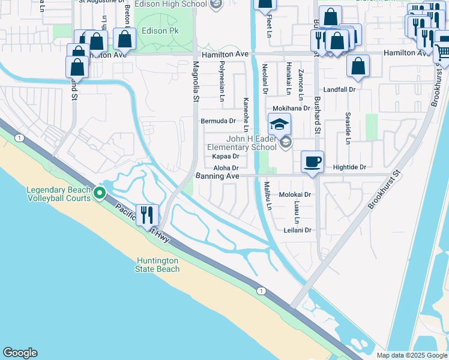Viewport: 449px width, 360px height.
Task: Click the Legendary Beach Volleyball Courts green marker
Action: [x=100, y=193]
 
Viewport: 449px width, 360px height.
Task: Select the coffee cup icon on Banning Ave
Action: [x=312, y=161]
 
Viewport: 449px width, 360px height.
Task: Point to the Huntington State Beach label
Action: [x=158, y=265]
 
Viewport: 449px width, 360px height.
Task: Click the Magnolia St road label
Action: [x=196, y=82]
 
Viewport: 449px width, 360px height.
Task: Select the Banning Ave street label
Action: [x=217, y=176]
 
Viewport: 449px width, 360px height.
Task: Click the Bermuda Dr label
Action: [x=217, y=121]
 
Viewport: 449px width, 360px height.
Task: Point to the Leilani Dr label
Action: [x=298, y=230]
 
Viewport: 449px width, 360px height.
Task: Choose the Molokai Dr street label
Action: [x=295, y=194]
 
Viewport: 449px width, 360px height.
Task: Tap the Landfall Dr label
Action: [x=340, y=89]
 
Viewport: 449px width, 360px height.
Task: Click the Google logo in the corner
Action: [x=20, y=353]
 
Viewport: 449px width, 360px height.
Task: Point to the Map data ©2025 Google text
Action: [x=411, y=355]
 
